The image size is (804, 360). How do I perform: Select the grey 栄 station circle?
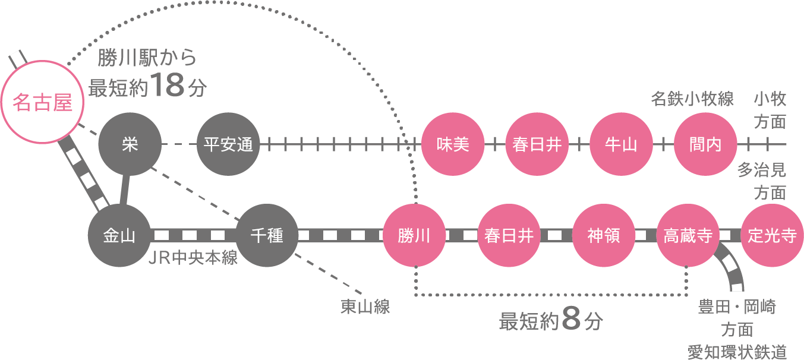click(130, 144)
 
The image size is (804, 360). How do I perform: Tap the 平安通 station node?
click(228, 144)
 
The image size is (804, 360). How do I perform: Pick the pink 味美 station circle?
click(452, 144)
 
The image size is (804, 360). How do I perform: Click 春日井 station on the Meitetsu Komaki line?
click(537, 144)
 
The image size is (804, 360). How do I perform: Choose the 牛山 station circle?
click(620, 144)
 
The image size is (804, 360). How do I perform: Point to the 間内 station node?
click(705, 144)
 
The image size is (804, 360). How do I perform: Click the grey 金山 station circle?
click(119, 236)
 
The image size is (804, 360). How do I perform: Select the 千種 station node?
click(267, 236)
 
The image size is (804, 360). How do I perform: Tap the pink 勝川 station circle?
click(414, 236)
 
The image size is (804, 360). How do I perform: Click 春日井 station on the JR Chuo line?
click(509, 236)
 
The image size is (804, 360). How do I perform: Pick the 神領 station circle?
click(603, 236)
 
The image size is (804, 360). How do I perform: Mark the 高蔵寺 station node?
click(688, 236)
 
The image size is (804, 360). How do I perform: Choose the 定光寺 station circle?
click(773, 236)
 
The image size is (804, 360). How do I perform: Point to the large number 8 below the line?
click(570, 320)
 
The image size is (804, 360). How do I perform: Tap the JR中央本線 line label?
click(193, 260)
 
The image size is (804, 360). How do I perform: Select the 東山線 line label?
click(365, 307)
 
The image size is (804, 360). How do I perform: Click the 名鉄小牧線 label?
click(692, 99)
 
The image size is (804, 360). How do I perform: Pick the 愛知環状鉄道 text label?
click(737, 351)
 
